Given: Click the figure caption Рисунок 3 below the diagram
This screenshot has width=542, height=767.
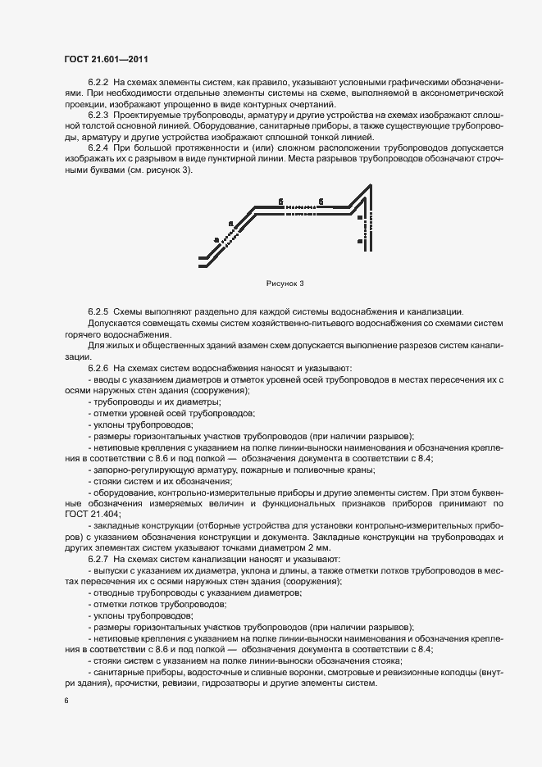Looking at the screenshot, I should click(285, 284).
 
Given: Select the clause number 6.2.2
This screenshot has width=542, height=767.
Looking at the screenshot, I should click(98, 84).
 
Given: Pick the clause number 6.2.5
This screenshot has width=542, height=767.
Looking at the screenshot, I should click(98, 312).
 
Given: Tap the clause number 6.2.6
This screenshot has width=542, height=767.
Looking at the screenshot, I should click(98, 368).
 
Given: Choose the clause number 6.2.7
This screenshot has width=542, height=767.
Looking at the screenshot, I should click(98, 558).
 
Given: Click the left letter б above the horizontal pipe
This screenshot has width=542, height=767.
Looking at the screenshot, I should click(280, 200).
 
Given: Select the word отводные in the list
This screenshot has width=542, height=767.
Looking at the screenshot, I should click(109, 592).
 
